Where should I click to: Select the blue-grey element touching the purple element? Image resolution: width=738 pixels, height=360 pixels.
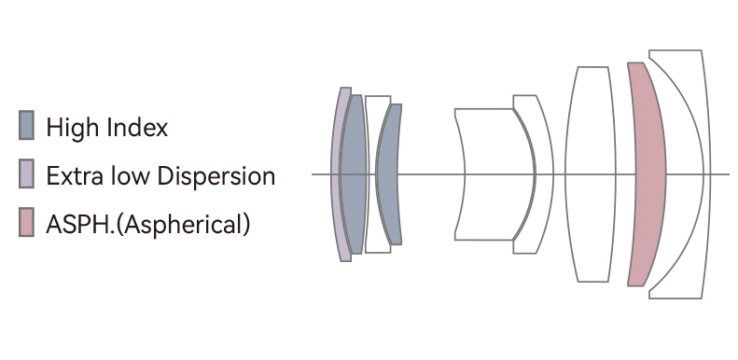click(x=352, y=174)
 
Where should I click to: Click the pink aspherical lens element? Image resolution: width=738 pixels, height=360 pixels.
click(x=645, y=174)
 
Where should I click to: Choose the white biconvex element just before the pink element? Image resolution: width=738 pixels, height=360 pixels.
click(x=592, y=174)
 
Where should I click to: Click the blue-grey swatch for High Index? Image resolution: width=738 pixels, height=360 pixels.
click(x=27, y=125)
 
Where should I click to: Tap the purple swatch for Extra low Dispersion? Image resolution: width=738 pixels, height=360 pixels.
click(x=27, y=174)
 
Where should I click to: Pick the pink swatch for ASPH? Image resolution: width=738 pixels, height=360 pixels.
click(x=27, y=223)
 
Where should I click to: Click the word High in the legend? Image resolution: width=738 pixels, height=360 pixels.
click(x=70, y=127)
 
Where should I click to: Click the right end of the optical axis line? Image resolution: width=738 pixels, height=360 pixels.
click(x=728, y=174)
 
